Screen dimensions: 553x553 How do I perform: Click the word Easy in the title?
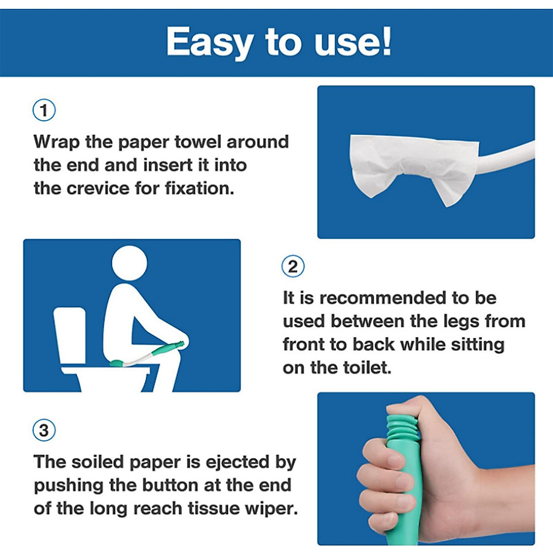tap(209, 42)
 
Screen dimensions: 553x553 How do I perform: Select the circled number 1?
tap(44, 111)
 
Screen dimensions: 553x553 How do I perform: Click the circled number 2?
tap(293, 267)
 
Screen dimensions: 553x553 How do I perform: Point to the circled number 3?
tap(44, 430)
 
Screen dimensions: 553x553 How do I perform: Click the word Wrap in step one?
tap(56, 142)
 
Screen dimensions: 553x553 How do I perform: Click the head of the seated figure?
tap(130, 263)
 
